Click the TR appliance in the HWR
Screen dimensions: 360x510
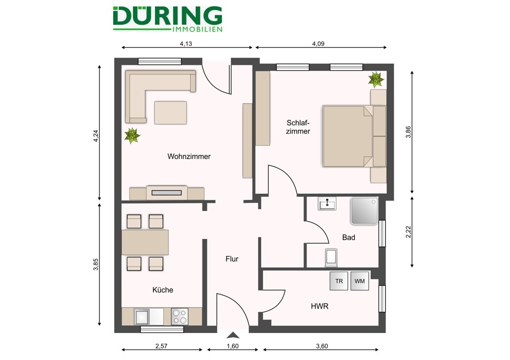point(339,281)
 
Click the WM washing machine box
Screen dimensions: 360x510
point(360,281)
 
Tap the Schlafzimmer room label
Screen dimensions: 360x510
point(298,126)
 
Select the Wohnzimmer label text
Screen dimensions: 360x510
point(189,157)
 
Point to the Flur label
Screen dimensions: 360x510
point(232,259)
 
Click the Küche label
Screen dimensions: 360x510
point(163,290)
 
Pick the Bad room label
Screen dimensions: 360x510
point(349,238)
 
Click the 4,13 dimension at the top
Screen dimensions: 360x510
point(186,44)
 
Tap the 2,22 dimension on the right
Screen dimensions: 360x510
point(408,233)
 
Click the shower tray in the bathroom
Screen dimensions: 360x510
point(364,211)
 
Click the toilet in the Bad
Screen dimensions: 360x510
point(331,258)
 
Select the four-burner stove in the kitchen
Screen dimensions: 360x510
point(179,317)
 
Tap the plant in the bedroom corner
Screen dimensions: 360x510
point(376,79)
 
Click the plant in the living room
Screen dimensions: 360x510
point(132,135)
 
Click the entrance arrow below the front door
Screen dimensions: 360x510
point(233,335)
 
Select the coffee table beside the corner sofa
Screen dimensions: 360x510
point(171,113)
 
